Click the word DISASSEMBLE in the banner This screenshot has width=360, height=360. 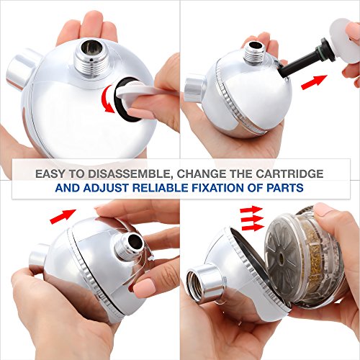(130, 174)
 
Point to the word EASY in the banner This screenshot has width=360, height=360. (50, 174)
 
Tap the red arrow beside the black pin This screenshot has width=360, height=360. (314, 82)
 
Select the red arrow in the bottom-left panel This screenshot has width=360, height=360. (63, 216)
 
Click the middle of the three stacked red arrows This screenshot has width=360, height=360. (253, 218)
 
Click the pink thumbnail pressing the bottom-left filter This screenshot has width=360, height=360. (143, 286)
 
